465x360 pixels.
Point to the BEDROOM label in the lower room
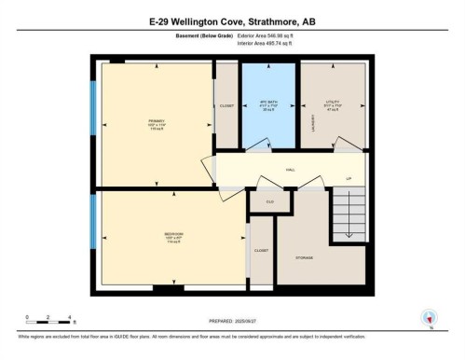click(x=149, y=232)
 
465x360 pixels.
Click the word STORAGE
click(x=304, y=256)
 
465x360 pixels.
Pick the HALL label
click(x=290, y=169)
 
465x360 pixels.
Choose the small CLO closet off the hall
click(x=268, y=201)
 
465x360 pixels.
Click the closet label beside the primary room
click(x=226, y=106)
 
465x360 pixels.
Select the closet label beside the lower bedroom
click(x=261, y=250)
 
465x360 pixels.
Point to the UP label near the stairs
click(x=349, y=178)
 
